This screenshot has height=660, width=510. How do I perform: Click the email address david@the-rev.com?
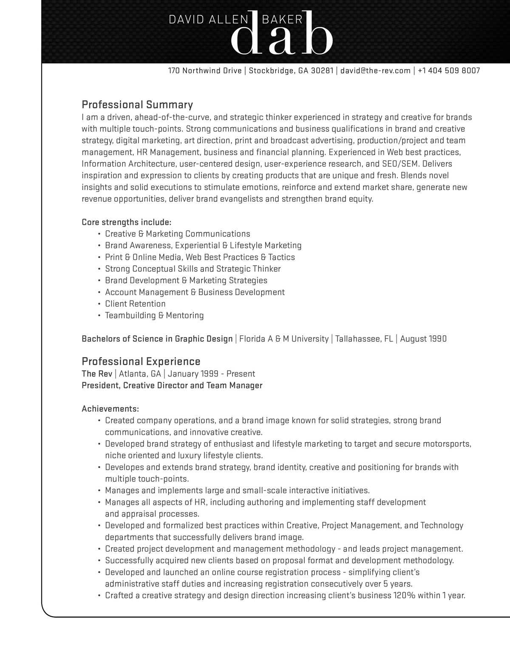tap(375, 71)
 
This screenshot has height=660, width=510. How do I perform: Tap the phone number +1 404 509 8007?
tap(449, 71)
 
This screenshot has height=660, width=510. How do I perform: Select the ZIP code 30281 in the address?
tap(322, 71)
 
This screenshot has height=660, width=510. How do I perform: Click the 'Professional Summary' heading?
tap(137, 105)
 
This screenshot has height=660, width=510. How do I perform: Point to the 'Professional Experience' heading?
tap(141, 361)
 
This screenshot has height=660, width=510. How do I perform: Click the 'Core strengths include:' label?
tap(126, 222)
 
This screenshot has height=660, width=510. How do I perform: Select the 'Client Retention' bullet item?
tap(135, 303)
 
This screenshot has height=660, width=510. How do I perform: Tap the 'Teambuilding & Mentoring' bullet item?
tap(154, 315)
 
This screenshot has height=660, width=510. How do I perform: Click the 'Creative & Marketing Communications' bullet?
tap(177, 234)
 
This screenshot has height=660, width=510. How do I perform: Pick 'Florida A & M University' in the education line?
tap(284, 339)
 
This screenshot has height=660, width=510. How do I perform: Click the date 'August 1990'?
tap(423, 339)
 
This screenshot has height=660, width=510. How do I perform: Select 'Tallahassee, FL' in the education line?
tap(364, 339)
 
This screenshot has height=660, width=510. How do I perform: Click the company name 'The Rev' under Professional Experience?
tap(97, 374)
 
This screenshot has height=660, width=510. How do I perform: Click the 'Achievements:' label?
tap(110, 409)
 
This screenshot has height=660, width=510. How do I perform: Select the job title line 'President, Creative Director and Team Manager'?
tap(172, 385)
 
